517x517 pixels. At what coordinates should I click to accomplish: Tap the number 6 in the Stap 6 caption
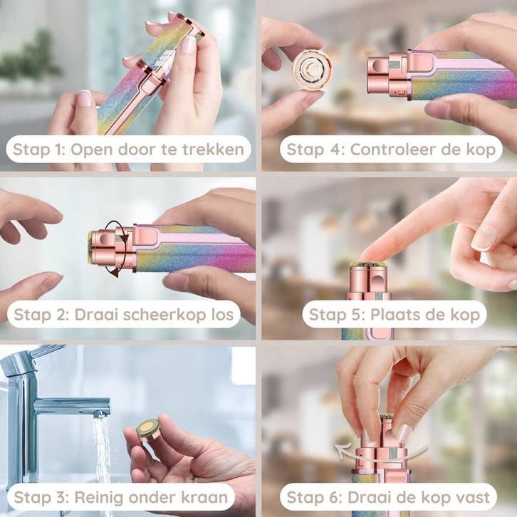coord(335,498)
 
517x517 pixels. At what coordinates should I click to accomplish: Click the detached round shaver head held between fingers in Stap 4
coord(312,69)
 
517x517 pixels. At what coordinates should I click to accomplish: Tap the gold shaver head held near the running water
coord(148,429)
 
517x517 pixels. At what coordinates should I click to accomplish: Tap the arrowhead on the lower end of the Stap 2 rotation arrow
coord(114,272)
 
